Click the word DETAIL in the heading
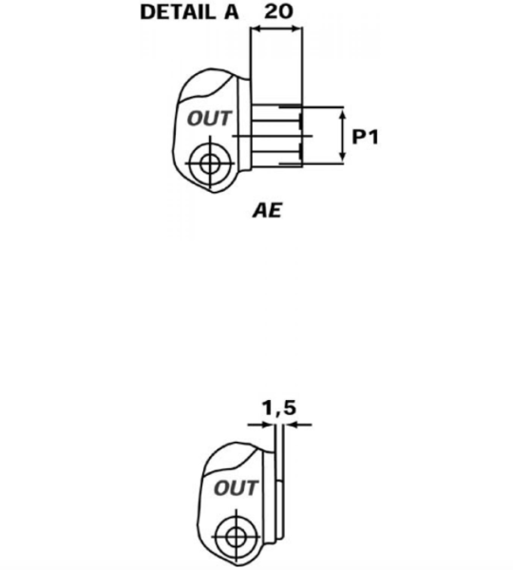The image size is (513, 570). pos(178,12)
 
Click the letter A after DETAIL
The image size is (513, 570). pos(231,12)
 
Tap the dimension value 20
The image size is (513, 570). pos(278,11)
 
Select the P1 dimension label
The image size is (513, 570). pos(366,137)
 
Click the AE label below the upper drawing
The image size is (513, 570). pos(267,211)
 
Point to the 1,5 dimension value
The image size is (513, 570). pos(279,408)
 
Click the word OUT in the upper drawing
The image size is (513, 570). pos(209,119)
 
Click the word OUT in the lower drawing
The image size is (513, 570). pos(236,488)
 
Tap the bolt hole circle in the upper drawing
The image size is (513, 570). pos(210,164)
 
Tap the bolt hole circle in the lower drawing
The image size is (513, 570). pos(236,537)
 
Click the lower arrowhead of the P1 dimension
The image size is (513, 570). pos(343,156)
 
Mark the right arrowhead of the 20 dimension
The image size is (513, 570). pos(295,29)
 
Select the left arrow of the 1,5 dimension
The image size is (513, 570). pos(261,425)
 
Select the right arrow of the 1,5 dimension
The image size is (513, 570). pos(298,425)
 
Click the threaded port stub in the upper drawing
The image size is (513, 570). pos(276,136)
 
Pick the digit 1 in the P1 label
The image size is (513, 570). pos(373,137)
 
